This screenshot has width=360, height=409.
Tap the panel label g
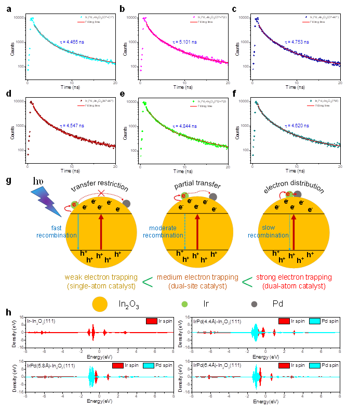tap(7, 180)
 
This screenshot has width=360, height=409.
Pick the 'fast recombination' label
tap(57, 232)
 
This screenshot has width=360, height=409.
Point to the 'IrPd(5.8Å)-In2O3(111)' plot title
tap(44, 365)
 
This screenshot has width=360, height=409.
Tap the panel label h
tap(7, 313)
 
